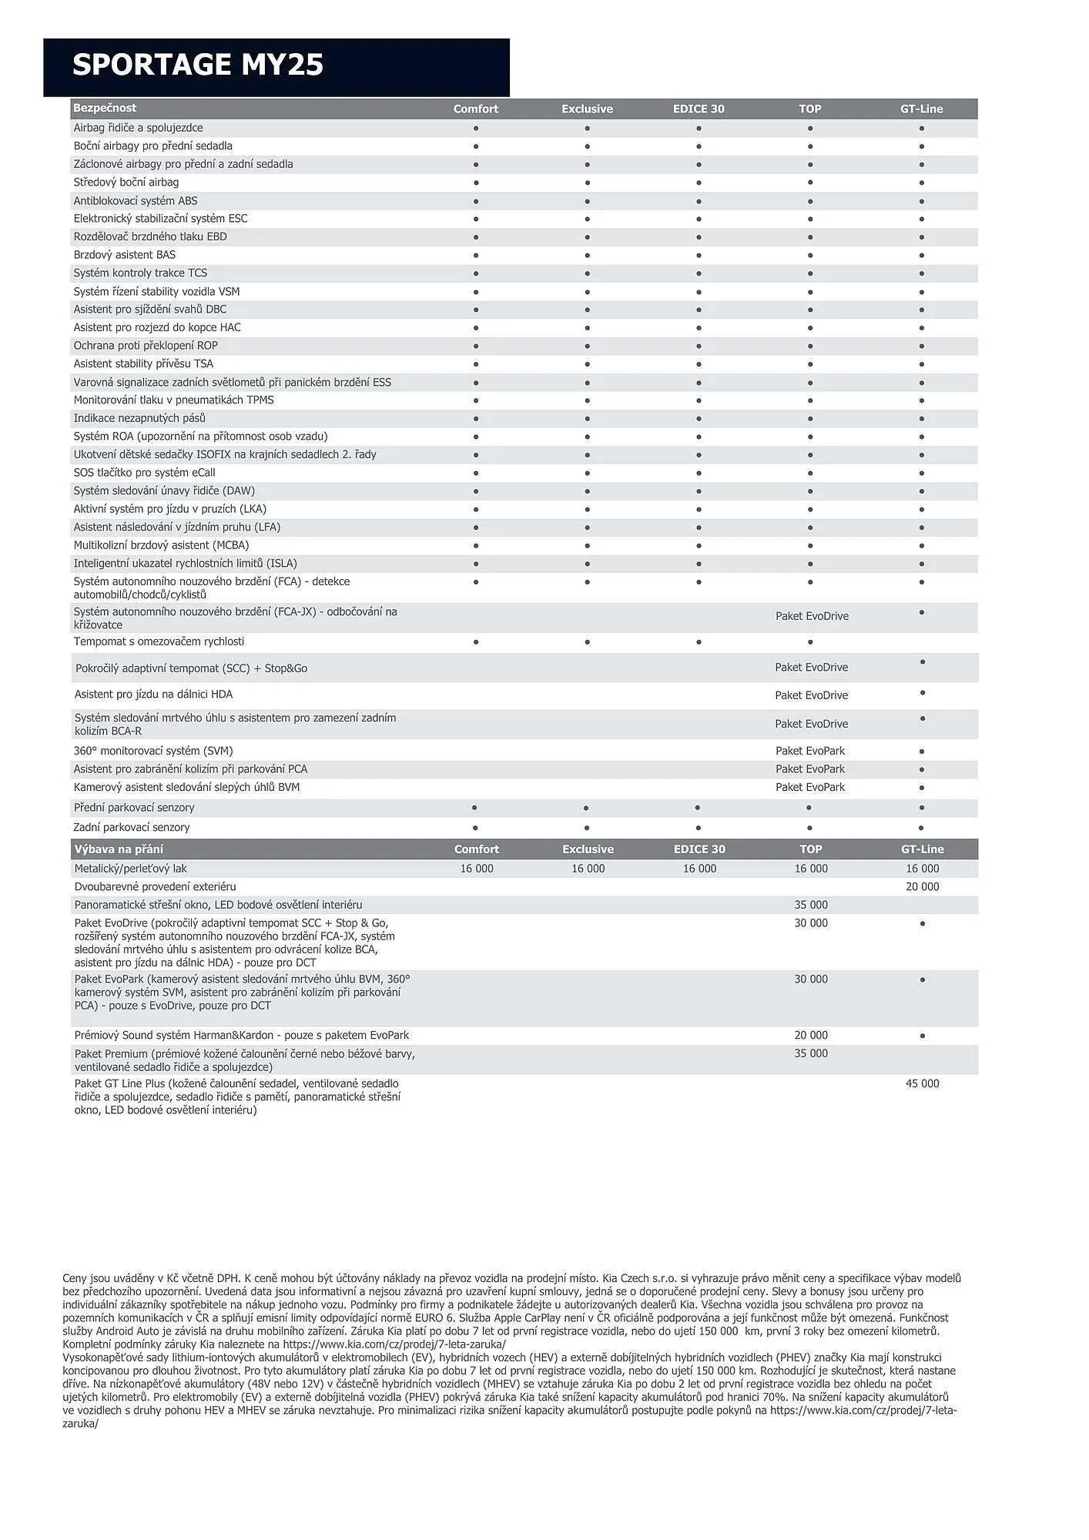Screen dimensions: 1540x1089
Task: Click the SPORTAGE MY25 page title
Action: [198, 65]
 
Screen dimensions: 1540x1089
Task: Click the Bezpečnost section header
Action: [105, 108]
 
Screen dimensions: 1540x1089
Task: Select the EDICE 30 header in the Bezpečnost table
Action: [699, 109]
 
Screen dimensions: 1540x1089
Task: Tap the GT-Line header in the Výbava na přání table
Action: [922, 849]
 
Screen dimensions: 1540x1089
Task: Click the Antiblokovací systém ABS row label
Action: [136, 201]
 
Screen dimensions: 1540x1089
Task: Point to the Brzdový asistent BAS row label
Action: [125, 255]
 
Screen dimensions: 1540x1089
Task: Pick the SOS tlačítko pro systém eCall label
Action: [144, 473]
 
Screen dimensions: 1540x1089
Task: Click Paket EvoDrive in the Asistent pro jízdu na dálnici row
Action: [811, 695]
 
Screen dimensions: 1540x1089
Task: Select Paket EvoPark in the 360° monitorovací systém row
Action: [810, 751]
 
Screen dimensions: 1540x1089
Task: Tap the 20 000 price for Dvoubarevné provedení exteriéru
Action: [922, 887]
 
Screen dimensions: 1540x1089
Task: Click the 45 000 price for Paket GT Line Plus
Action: [922, 1084]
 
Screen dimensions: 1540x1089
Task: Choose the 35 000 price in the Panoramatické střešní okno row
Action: [811, 905]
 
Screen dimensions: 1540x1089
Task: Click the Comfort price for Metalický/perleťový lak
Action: [477, 869]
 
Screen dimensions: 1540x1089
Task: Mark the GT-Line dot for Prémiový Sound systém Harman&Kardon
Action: [922, 1036]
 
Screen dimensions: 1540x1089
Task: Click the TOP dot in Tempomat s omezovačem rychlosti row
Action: [810, 642]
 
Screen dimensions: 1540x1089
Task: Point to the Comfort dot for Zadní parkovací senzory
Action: [475, 828]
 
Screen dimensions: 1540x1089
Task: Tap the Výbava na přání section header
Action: [119, 849]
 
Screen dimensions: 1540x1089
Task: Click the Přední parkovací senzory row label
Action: [134, 808]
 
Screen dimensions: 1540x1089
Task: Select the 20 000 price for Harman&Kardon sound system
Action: [811, 1036]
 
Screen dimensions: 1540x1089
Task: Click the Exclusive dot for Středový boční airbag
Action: [587, 183]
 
